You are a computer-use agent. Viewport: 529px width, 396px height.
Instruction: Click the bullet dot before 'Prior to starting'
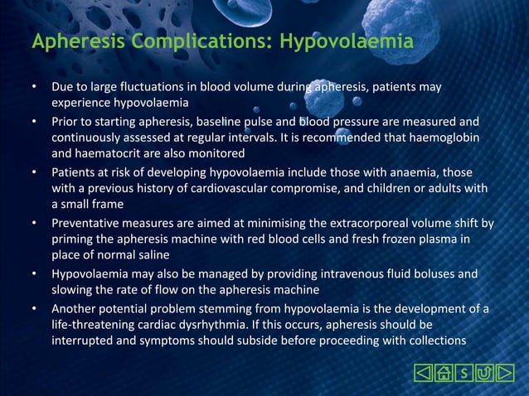34,121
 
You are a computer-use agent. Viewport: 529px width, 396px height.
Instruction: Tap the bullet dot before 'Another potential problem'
34,308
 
